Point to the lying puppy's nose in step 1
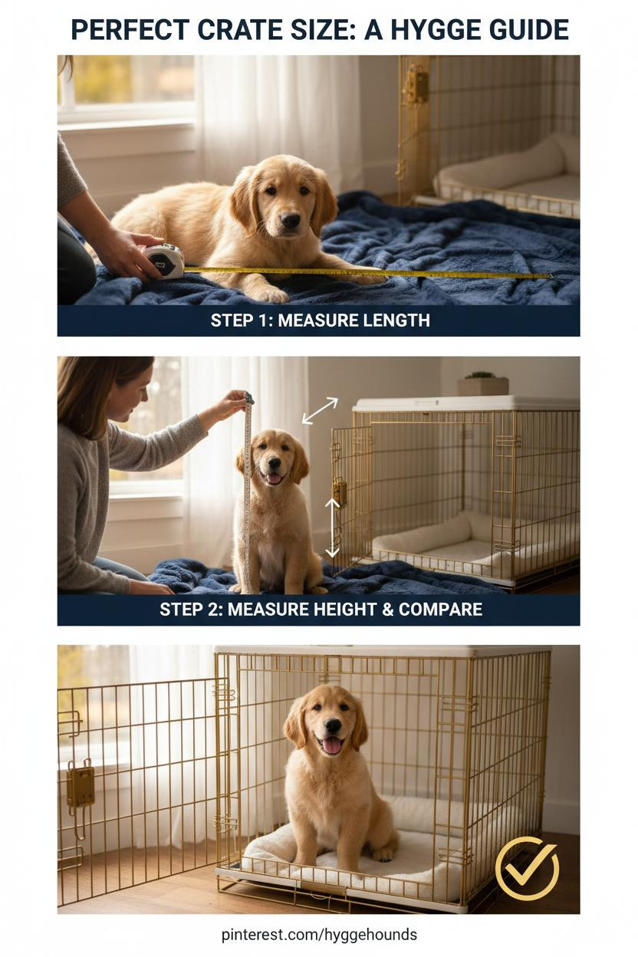[291, 220]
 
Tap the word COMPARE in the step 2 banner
[441, 609]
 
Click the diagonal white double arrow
[320, 410]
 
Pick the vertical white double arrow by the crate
[333, 528]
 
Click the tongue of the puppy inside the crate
[332, 745]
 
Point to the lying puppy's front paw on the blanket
[271, 294]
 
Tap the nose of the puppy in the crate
[333, 725]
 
